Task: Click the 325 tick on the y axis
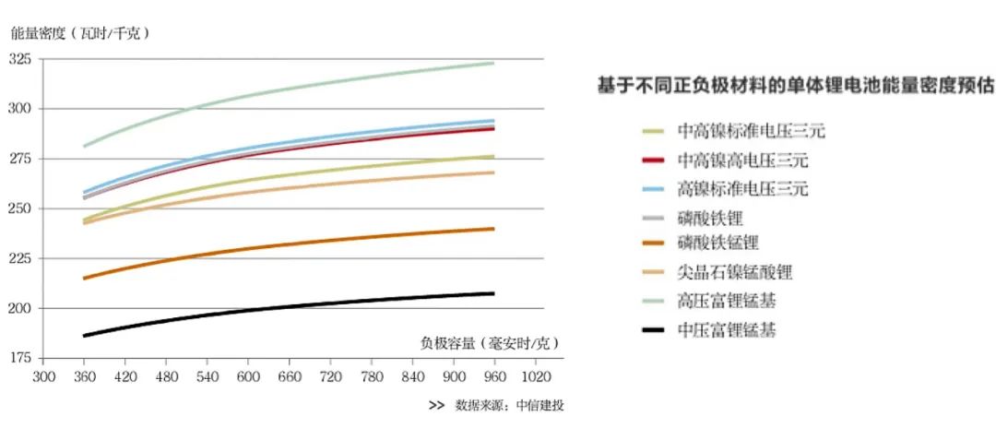click(x=19, y=60)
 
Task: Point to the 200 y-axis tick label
click(x=19, y=308)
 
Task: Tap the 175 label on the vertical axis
click(x=19, y=358)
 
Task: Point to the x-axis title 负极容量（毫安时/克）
click(x=490, y=343)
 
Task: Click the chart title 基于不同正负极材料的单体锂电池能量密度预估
click(x=796, y=86)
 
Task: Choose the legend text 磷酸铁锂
click(x=709, y=218)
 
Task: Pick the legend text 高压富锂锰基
click(x=726, y=301)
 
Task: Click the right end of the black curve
click(x=494, y=293)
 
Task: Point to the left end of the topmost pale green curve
click(x=84, y=146)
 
